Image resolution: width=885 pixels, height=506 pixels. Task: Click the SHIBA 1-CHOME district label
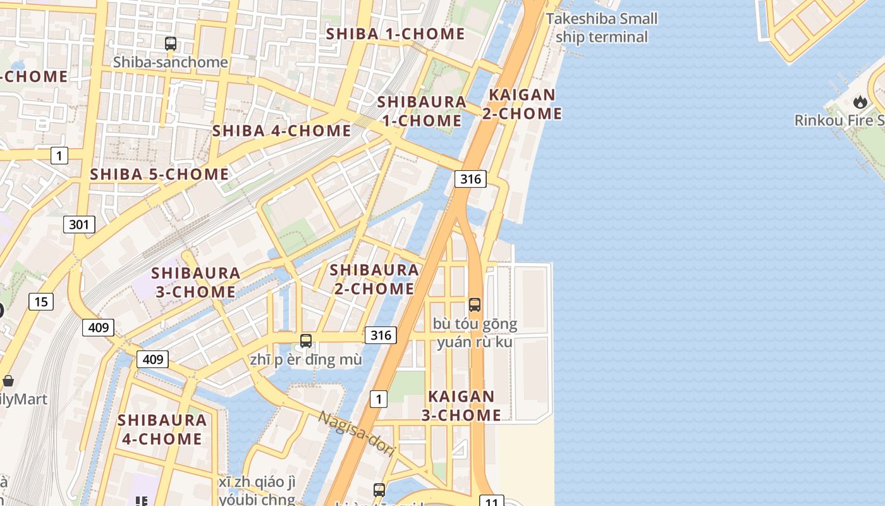point(395,34)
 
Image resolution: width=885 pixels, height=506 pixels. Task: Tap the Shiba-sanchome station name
point(170,62)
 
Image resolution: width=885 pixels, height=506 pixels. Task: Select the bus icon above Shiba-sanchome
point(171,44)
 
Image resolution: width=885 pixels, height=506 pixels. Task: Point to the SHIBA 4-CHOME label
point(281,131)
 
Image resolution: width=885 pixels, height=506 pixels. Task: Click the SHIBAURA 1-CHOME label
point(422,111)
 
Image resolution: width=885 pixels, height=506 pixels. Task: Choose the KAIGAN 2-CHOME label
point(522,104)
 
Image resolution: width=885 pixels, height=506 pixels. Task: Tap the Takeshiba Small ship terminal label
point(601,28)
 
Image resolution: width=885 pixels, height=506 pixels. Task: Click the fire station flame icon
point(860,102)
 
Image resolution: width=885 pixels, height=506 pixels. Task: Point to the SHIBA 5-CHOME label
point(159,174)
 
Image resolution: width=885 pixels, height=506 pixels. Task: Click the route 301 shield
point(79,224)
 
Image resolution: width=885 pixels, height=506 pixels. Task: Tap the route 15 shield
point(41,302)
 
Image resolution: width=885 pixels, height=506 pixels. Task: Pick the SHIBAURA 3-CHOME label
point(196,282)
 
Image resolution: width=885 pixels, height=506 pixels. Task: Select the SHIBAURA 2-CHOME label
point(374,279)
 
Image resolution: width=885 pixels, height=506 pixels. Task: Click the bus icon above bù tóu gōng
point(475,305)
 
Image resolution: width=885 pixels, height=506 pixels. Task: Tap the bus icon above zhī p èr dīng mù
point(306,341)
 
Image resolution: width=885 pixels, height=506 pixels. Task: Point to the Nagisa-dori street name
point(356,434)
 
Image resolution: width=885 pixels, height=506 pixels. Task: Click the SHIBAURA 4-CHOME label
point(162,429)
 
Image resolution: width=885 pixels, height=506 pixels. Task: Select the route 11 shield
point(492,502)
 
